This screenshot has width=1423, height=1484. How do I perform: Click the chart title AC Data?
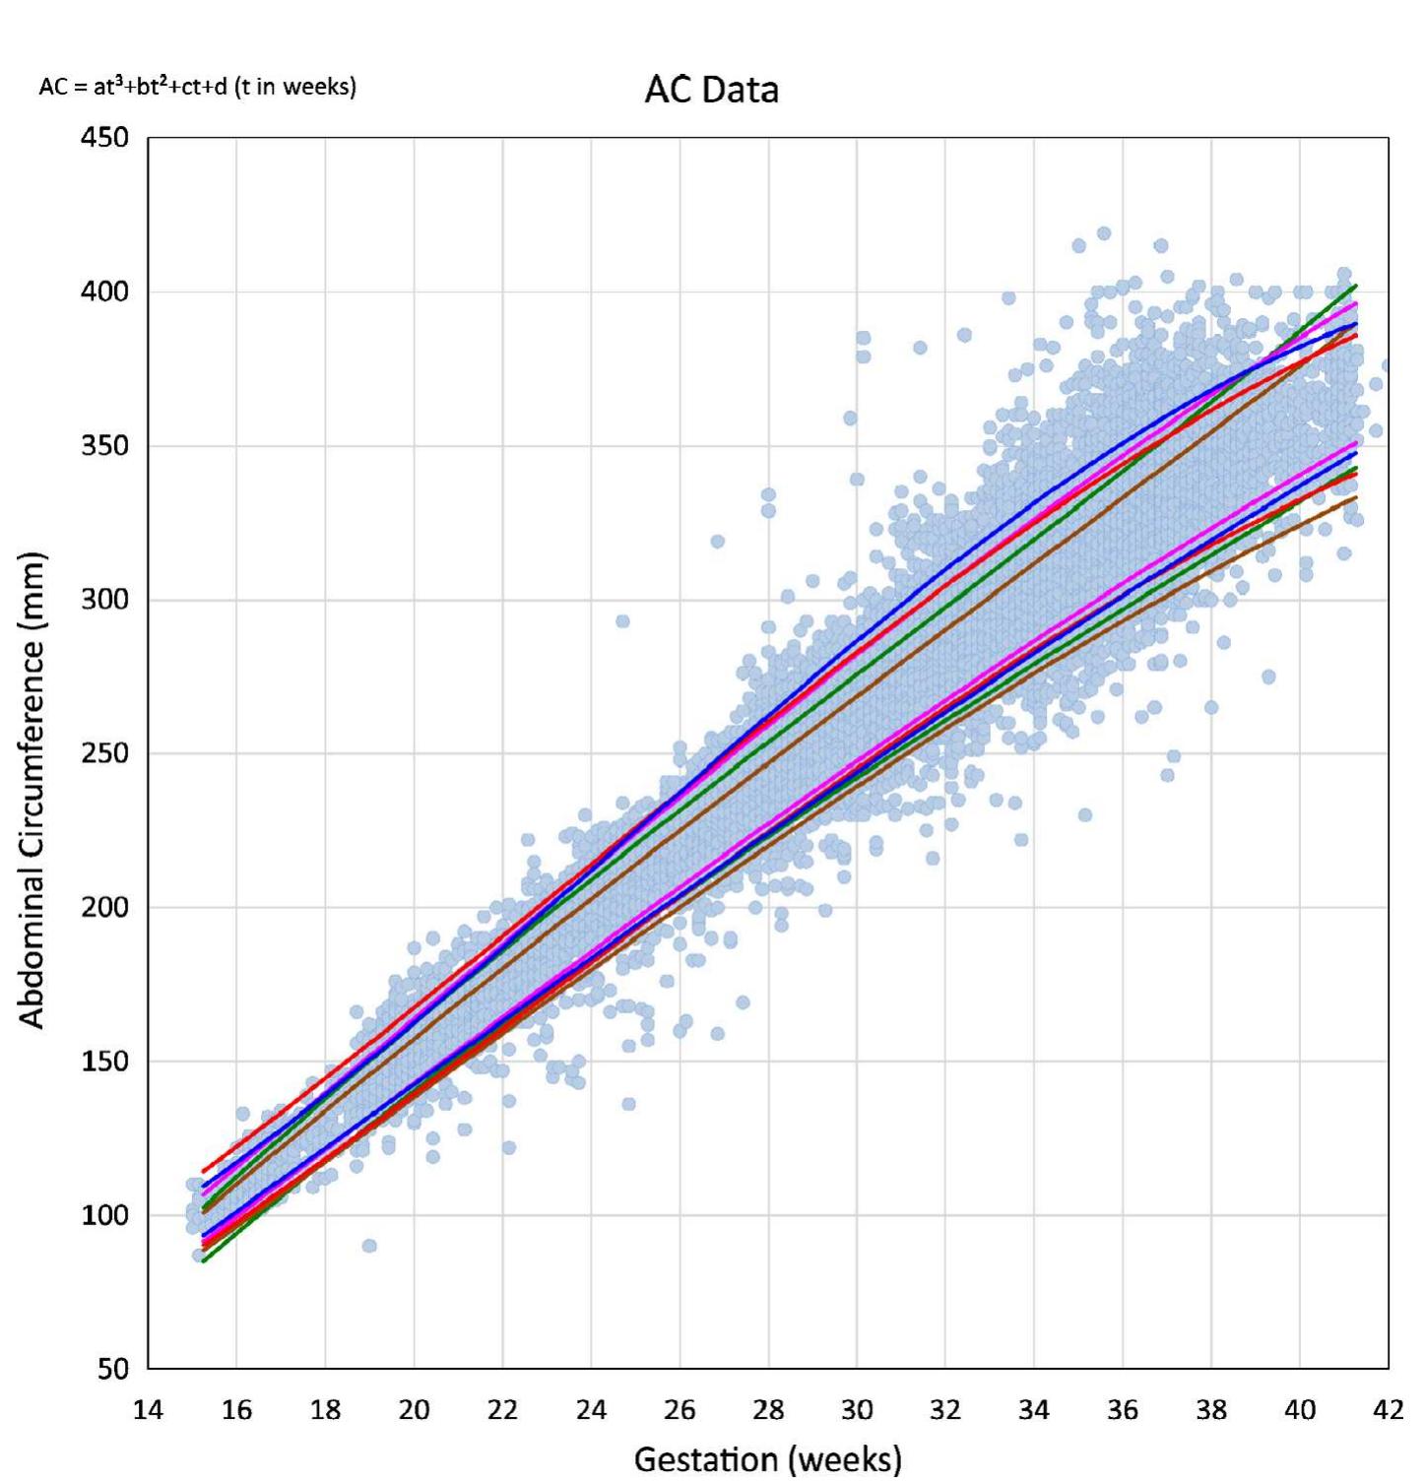(x=711, y=90)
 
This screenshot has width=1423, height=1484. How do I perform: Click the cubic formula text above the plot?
(x=197, y=87)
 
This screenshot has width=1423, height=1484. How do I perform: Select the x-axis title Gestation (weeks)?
(x=767, y=1458)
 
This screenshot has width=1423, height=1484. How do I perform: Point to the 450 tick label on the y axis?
(x=104, y=138)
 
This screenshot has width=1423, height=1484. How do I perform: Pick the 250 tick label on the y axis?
(x=104, y=753)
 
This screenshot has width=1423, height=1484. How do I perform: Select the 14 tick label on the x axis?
(x=148, y=1411)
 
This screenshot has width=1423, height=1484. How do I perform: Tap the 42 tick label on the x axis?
(x=1388, y=1411)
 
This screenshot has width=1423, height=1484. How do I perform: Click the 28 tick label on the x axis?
(x=768, y=1411)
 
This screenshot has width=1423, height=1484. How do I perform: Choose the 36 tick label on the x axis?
(x=1122, y=1411)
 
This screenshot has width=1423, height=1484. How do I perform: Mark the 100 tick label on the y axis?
(x=104, y=1215)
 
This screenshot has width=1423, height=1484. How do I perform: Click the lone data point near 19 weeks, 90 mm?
(x=369, y=1246)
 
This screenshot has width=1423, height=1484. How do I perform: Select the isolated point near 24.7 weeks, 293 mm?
(x=622, y=621)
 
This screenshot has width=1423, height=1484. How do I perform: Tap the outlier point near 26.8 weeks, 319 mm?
(x=717, y=542)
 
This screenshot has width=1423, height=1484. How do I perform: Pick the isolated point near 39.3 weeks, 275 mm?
(x=1268, y=677)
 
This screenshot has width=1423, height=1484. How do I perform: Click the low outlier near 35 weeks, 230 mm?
(x=1084, y=814)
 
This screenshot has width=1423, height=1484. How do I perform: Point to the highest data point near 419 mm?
(x=1104, y=233)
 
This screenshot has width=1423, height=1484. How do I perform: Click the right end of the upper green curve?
(x=1356, y=286)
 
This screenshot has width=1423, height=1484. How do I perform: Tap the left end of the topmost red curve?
(x=204, y=1172)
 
